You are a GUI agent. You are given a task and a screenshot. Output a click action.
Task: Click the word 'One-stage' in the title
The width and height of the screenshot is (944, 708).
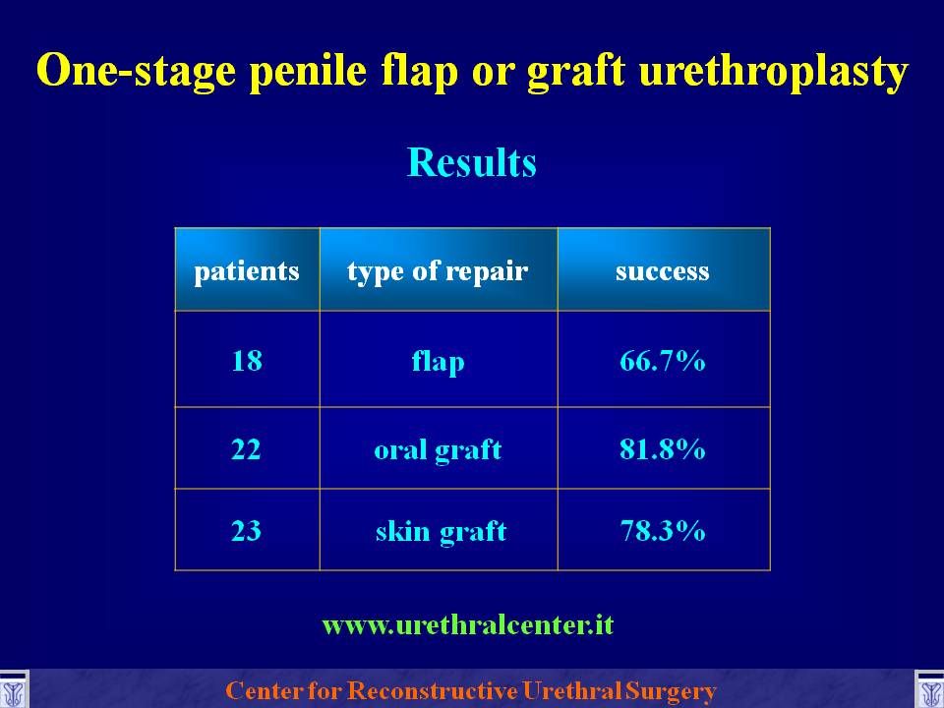[136, 72]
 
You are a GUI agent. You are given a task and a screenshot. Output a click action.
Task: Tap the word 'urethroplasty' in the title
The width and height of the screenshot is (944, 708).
[774, 72]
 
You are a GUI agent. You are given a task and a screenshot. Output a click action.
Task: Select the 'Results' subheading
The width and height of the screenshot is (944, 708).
[471, 162]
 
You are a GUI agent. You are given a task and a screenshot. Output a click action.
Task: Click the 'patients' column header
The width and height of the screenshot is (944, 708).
[247, 271]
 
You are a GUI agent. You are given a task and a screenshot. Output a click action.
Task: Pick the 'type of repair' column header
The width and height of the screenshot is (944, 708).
[438, 271]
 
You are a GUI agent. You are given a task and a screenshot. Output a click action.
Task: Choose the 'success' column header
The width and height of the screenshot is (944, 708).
[662, 272]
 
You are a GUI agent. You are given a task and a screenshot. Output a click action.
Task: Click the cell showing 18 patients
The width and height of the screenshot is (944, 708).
[247, 361]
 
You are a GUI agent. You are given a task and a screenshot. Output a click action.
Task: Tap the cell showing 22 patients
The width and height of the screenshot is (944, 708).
[246, 449]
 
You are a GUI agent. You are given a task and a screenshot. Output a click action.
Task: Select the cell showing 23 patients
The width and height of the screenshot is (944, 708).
[246, 530]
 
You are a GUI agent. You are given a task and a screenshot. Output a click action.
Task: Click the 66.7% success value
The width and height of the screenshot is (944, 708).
[662, 361]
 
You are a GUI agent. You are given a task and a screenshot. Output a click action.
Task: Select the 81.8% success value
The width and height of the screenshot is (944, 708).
[662, 449]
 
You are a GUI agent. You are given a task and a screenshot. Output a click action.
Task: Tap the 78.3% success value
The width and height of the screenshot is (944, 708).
[662, 530]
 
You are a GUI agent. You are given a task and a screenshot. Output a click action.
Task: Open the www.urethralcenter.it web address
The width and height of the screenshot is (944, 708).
[468, 625]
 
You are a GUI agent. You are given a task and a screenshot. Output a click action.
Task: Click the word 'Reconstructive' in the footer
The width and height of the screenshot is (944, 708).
[433, 690]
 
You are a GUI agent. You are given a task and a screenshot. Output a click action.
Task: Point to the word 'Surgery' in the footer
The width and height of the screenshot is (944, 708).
[671, 691]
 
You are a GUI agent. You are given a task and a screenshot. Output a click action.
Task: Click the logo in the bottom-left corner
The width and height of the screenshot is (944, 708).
[13, 690]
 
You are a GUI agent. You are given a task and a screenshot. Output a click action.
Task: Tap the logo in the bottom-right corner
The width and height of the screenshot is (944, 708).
[929, 690]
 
